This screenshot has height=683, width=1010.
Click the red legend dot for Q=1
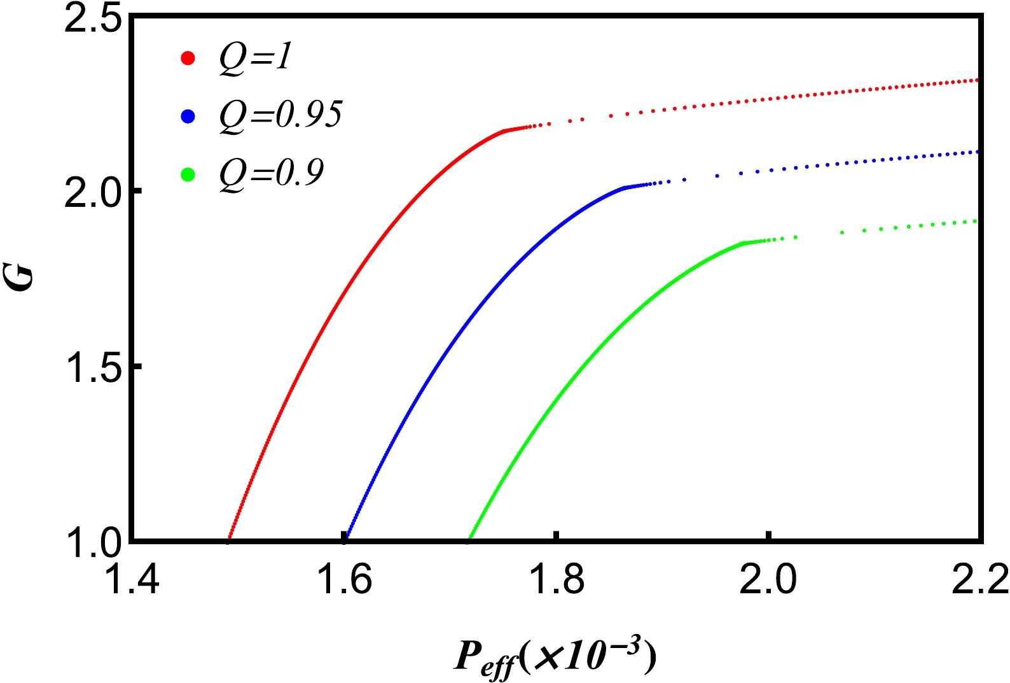188,59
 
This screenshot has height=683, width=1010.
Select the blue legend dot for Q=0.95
188,116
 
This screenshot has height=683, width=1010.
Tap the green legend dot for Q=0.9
188,174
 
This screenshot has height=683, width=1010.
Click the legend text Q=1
255,59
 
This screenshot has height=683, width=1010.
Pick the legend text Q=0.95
280,116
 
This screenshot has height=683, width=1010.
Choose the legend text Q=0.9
272,173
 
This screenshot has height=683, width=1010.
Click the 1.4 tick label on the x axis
132,581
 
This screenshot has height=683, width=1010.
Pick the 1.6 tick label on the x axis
344,581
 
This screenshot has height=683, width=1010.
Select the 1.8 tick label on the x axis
557,581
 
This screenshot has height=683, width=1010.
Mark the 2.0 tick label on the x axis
768,581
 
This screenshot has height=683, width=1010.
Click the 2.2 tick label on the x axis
980,581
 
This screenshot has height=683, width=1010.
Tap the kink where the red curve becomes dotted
504,131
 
